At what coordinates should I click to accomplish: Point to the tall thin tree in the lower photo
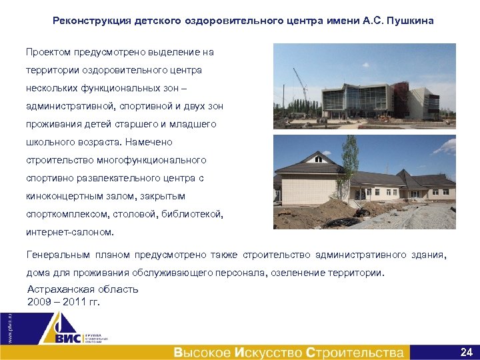[349, 167]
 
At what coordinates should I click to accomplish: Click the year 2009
[39, 301]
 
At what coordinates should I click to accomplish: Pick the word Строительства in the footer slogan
[355, 352]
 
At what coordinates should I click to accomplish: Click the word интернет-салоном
[70, 233]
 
